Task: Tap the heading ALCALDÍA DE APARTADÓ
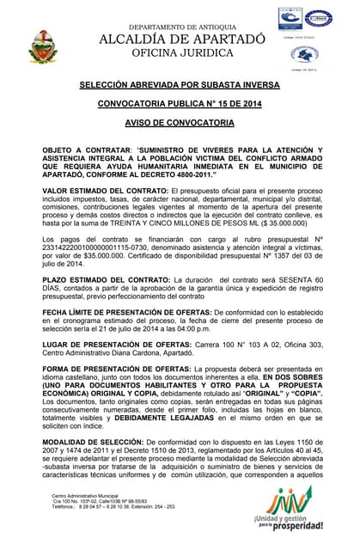click(182, 40)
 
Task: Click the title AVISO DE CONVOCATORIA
click(181, 123)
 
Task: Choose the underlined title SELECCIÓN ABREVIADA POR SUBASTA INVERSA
click(181, 87)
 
